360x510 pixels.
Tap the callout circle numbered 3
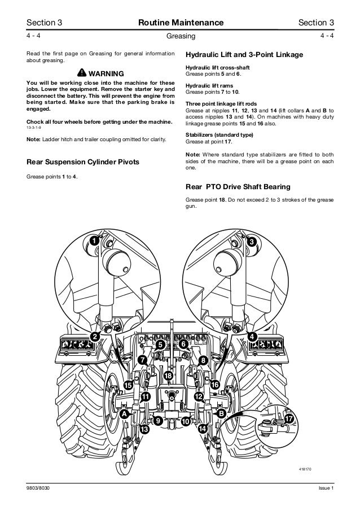coord(252,242)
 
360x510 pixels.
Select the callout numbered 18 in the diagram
coord(168,376)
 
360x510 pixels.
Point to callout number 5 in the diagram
coord(160,344)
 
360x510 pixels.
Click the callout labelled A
coord(123,414)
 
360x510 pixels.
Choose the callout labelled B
coord(221,414)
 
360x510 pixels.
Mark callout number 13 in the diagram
coord(144,430)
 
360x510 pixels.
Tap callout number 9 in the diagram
coord(159,421)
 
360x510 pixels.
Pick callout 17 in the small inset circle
coord(289,420)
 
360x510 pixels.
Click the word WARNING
coord(106,74)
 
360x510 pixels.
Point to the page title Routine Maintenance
coord(179,22)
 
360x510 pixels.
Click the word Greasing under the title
coord(179,36)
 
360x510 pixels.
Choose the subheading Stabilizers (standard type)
coord(216,135)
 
